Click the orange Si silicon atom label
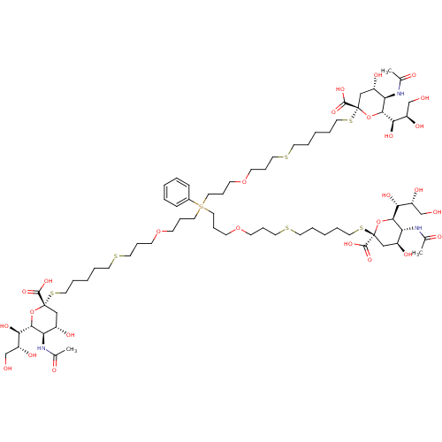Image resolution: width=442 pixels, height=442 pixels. [x=201, y=207]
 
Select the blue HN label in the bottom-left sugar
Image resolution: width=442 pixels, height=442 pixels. [x=42, y=347]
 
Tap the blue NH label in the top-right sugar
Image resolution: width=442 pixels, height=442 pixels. [x=400, y=93]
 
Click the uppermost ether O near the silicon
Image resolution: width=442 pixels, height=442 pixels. [x=246, y=181]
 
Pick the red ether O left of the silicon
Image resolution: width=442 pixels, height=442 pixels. [x=158, y=232]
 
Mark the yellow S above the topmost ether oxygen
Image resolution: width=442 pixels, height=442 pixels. [x=286, y=156]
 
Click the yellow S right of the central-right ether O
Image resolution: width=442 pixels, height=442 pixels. [x=286, y=229]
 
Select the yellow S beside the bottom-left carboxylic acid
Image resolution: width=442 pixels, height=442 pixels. [x=53, y=293]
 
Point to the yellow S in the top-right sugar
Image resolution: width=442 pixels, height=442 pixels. [x=351, y=120]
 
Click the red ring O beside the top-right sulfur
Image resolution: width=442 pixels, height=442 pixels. [x=369, y=115]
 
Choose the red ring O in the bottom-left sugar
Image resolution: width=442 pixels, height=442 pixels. [x=33, y=311]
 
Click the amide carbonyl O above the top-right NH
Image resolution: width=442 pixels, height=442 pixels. [x=413, y=75]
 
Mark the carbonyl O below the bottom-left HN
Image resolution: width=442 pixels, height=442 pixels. [x=54, y=370]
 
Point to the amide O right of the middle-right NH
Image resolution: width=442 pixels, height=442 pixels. [x=436, y=237]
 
